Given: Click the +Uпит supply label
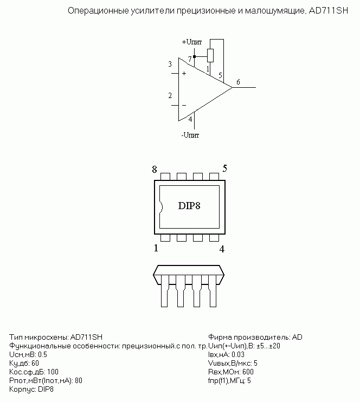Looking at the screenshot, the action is click(192, 42).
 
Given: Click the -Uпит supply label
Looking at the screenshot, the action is click(190, 135).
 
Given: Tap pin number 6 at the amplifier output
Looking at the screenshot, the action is click(238, 82).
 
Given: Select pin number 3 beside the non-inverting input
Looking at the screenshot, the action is click(170, 64).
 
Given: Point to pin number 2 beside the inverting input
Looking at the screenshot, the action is click(170, 96).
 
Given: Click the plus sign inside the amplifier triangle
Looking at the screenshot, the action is click(184, 74).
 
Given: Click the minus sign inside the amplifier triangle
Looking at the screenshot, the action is click(184, 105).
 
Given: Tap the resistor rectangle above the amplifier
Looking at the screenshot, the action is click(210, 55).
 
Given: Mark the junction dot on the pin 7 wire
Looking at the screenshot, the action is click(194, 56).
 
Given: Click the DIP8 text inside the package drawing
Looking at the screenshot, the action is click(189, 206).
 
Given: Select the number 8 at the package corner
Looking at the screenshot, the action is click(154, 170).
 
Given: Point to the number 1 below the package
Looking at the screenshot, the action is click(156, 248).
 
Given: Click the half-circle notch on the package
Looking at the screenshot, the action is click(162, 207).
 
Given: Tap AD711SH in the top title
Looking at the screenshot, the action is click(329, 11).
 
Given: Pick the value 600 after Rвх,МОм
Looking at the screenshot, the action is click(248, 372).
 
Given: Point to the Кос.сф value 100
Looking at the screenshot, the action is click(53, 372).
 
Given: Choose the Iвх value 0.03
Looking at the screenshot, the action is click(238, 354).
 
